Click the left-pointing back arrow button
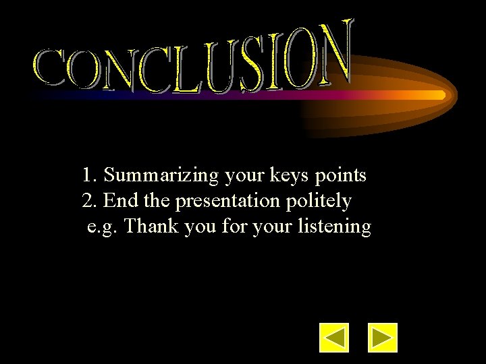334,338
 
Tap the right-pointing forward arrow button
383,338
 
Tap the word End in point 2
122,201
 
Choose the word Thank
150,226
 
